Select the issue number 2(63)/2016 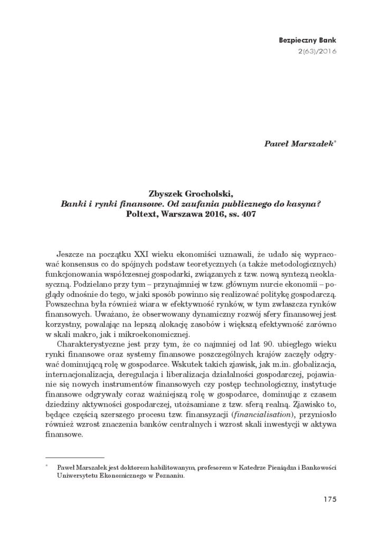(318, 51)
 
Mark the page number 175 (328, 499)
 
